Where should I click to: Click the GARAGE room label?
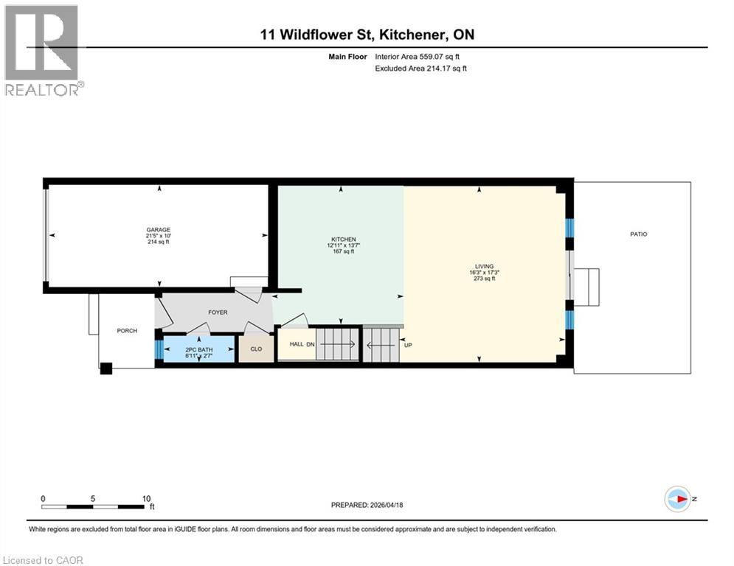click(158, 229)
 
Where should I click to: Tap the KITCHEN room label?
click(343, 239)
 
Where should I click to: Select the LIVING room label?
click(485, 266)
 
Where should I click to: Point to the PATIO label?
click(638, 234)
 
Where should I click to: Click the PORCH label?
click(127, 330)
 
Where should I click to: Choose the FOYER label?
click(218, 312)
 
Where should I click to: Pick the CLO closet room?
click(256, 349)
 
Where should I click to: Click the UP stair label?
click(408, 344)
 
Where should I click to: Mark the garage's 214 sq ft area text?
click(158, 242)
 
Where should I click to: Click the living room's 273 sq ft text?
click(485, 279)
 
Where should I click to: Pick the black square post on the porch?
click(106, 367)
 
